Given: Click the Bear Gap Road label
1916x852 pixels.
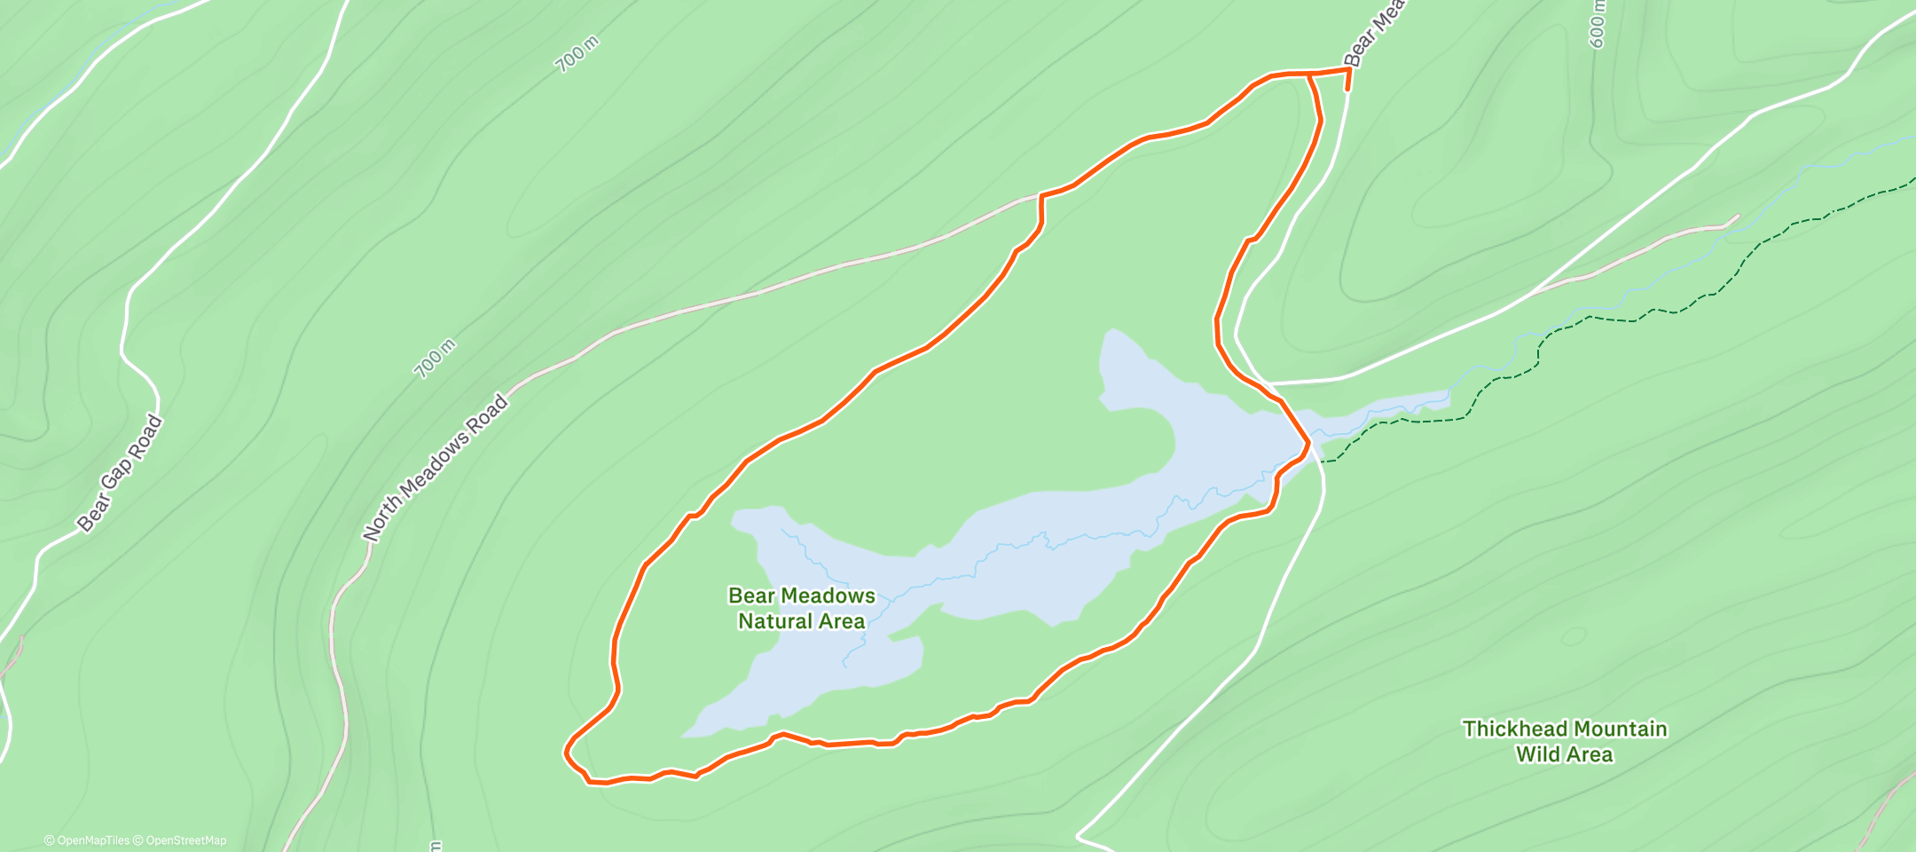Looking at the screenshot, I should coord(120,474).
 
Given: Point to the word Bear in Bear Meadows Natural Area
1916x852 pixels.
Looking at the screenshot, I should coord(750,596).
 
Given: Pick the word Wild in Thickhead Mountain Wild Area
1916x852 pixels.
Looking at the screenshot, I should coord(1540,754).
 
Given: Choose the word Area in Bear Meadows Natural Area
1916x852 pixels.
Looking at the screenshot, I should coord(842,621).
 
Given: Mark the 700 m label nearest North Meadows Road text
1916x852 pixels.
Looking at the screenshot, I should coord(435,358).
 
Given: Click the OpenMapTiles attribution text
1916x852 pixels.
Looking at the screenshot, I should coord(87,840).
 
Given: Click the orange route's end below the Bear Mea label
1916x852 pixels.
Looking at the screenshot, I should coord(1347,90).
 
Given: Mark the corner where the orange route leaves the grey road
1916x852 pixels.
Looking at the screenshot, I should coord(1041,195).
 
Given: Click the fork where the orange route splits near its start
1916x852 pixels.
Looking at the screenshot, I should coord(1309,75).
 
